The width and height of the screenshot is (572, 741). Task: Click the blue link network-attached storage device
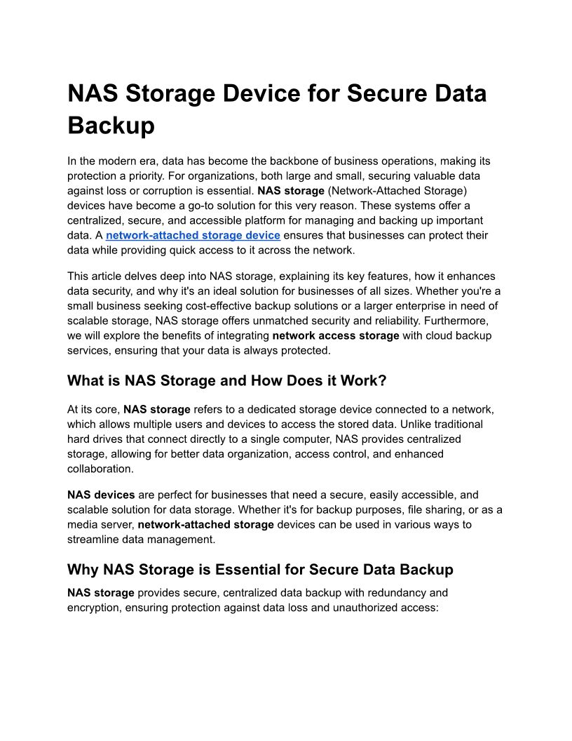coord(193,235)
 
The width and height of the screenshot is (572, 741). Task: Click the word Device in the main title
coord(282,93)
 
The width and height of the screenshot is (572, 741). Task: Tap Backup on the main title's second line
coord(111,126)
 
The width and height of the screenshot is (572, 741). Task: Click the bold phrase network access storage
coord(336,335)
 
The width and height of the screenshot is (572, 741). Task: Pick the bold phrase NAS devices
coord(101,495)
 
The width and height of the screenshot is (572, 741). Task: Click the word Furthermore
coord(461,321)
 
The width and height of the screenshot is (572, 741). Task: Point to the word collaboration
coord(100,469)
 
